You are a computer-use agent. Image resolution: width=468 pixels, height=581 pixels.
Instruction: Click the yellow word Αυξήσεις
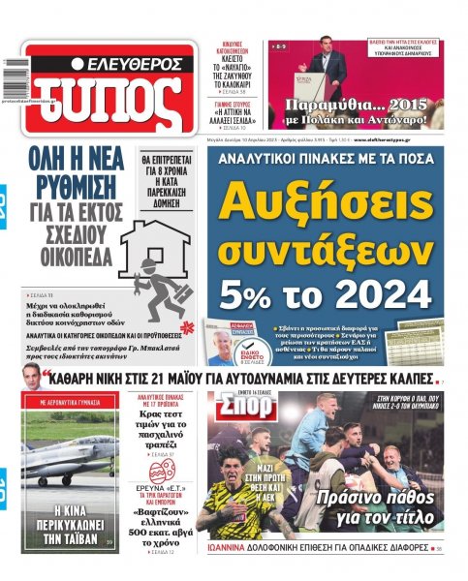(x=324, y=202)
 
